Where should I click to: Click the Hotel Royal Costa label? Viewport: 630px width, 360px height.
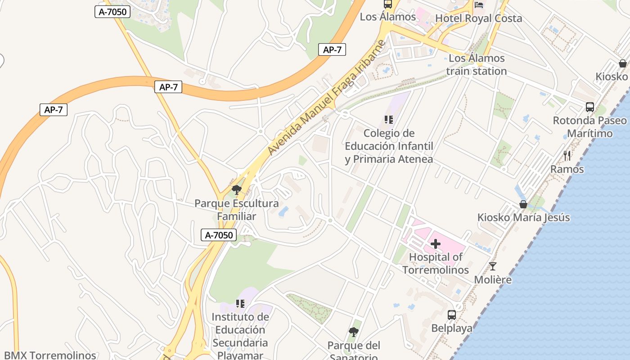point(478,18)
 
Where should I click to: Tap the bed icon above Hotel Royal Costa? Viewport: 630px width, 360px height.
point(479,5)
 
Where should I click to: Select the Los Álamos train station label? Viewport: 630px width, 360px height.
point(477,65)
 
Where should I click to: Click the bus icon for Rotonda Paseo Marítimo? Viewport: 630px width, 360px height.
point(589,107)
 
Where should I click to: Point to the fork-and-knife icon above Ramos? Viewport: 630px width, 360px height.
point(567,156)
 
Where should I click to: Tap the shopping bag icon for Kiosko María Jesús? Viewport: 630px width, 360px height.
point(523,204)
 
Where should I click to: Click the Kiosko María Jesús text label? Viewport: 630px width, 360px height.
point(523,218)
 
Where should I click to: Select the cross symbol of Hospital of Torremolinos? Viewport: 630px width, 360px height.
point(435,244)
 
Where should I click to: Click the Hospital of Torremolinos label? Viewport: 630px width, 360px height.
point(435,264)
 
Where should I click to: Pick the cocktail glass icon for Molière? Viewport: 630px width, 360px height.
point(493,266)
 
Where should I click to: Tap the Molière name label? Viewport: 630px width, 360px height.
point(493,280)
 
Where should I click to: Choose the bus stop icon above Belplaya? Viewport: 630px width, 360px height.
point(452,315)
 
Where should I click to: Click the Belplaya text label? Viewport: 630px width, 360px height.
point(452,328)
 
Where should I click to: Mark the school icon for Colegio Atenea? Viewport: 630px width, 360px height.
point(389,120)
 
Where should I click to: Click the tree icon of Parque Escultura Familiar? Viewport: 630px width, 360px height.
point(237,190)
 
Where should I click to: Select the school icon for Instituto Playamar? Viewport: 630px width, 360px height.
point(240,304)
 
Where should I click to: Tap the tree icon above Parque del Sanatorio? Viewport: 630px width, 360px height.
point(354,332)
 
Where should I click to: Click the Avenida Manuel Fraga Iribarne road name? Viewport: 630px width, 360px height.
point(327,97)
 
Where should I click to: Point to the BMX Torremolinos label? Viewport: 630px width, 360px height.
point(50,355)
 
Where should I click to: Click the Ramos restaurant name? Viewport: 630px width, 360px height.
point(567,169)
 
